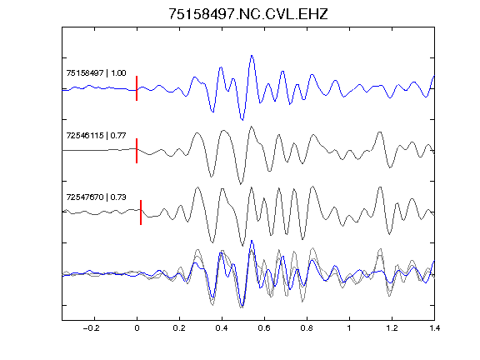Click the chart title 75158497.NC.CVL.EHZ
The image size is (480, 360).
tap(248, 14)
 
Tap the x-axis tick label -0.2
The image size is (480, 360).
tap(92, 328)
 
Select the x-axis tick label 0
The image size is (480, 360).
tap(137, 328)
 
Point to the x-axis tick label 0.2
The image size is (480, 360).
tap(179, 328)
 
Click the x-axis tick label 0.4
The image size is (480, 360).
tap(222, 328)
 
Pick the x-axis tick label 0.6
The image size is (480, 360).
tap(264, 328)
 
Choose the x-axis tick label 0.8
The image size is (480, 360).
tap(307, 328)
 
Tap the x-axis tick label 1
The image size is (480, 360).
tap(349, 328)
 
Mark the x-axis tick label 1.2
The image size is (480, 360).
tap(392, 328)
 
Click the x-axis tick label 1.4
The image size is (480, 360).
tap(434, 328)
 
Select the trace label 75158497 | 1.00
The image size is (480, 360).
tap(96, 73)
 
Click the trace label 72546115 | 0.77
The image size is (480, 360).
tap(96, 135)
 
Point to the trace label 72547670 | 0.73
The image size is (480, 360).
tap(96, 197)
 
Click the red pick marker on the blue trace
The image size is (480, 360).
tap(137, 88)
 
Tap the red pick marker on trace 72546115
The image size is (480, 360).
tap(137, 151)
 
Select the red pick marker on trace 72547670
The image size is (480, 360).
tap(141, 212)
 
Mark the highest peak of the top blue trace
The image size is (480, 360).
tap(252, 56)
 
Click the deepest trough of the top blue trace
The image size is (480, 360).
tap(242, 120)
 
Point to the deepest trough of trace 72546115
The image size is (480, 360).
tap(241, 183)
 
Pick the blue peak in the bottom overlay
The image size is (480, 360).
tap(252, 241)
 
